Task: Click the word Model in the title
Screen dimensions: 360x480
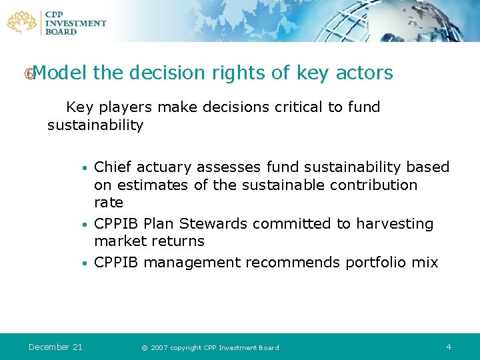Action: (60, 73)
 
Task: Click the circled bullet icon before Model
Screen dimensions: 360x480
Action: (28, 74)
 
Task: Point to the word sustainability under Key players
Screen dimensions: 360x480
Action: (95, 125)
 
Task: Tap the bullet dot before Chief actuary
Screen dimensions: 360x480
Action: (84, 168)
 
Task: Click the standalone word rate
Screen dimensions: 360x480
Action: (109, 203)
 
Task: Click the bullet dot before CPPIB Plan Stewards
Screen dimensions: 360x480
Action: (84, 225)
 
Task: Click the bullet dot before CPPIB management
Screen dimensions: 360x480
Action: (84, 263)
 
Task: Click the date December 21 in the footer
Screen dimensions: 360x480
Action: (55, 347)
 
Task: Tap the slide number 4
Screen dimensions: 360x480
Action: (449, 347)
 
